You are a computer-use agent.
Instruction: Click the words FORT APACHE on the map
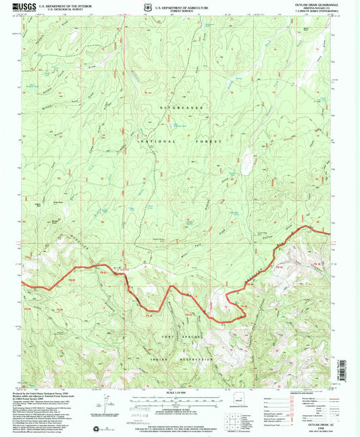178,336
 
